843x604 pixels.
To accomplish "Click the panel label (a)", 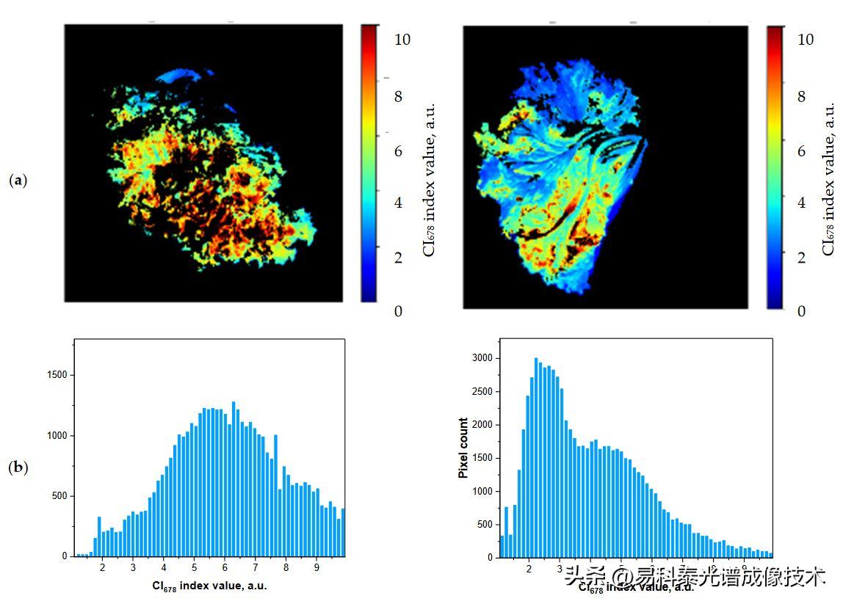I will [x=18, y=180].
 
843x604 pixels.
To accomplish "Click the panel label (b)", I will [x=18, y=467].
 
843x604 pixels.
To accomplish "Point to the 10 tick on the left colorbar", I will [x=402, y=40].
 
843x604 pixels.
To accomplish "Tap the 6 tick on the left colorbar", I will [x=398, y=151].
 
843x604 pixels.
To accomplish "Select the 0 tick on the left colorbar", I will [x=398, y=311].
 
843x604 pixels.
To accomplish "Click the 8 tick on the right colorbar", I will [x=801, y=97].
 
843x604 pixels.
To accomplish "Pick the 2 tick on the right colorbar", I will [x=801, y=258].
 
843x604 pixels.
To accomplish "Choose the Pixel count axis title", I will [x=463, y=448].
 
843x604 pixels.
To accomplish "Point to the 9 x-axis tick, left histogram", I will [x=316, y=567].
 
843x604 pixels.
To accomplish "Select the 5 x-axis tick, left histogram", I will [x=194, y=567].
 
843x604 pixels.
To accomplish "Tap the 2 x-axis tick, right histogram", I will [x=529, y=568].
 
